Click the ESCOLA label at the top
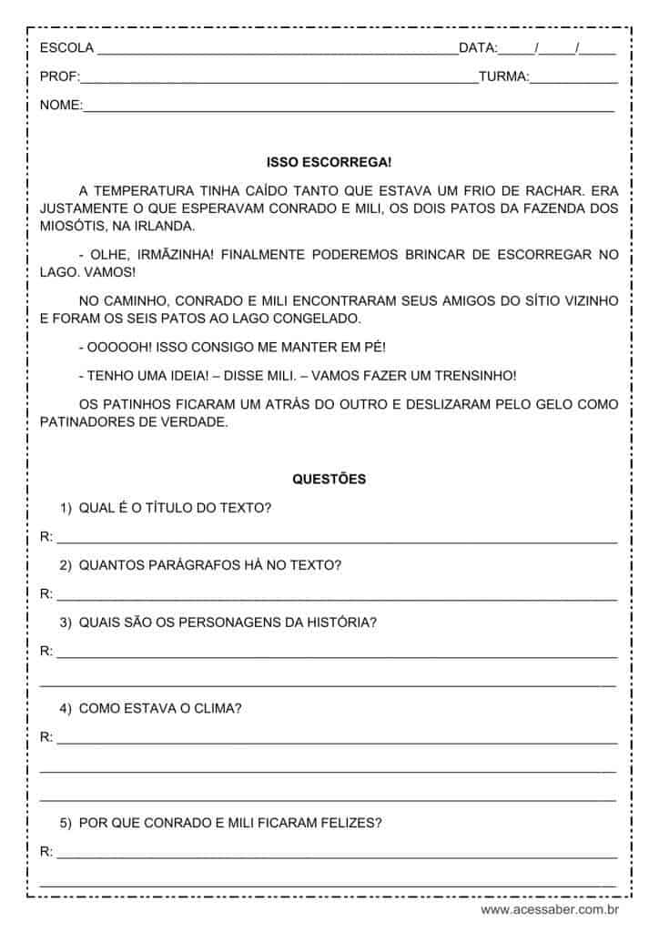pos(66,48)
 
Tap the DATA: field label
pos(478,48)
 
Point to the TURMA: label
pos(503,77)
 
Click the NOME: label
pos(61,106)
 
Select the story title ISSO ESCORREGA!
pos(329,162)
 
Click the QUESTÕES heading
pos(329,479)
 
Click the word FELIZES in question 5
pos(346,823)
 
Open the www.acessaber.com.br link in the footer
pos(550,909)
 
